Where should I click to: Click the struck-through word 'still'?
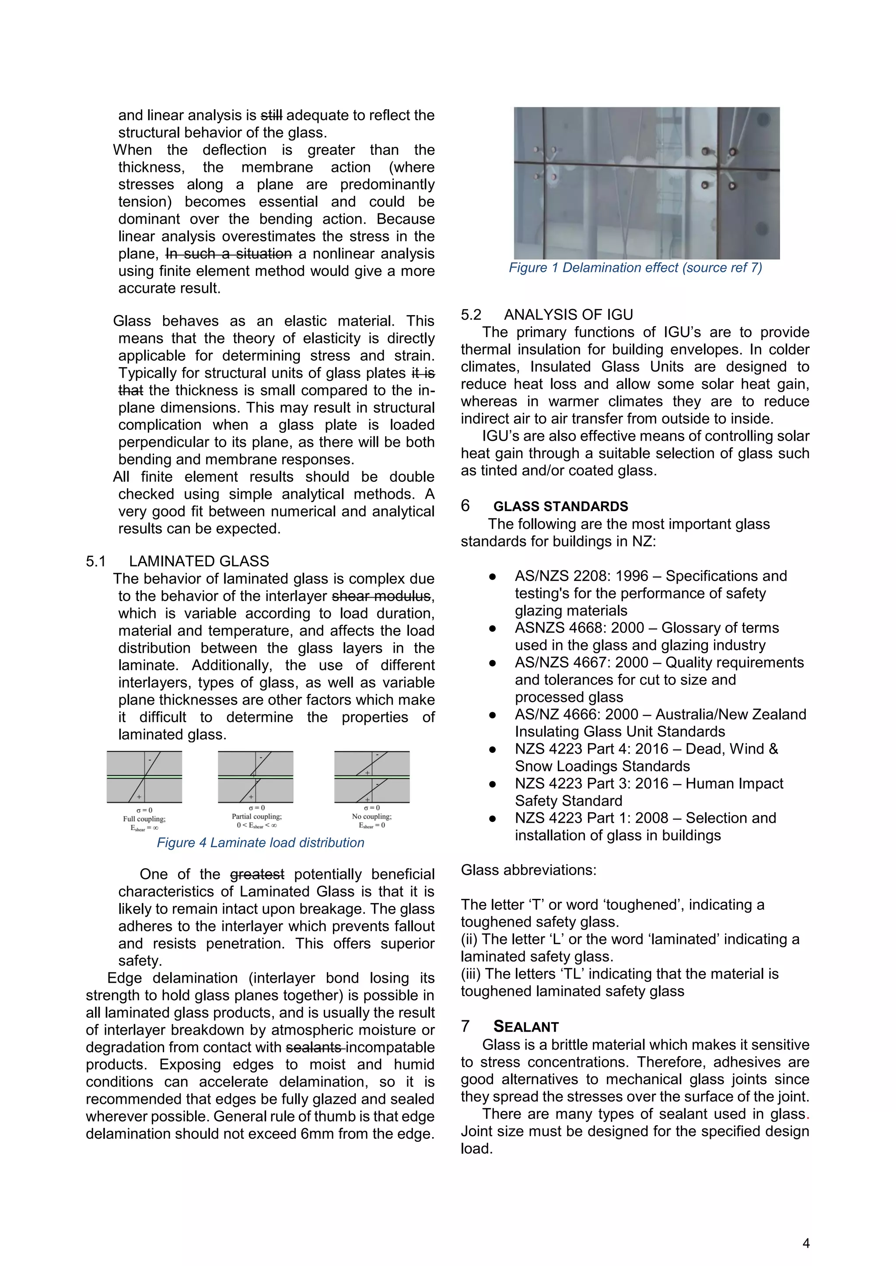[271, 115]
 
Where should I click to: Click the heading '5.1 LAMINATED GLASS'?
[177, 561]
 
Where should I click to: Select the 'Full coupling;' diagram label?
[144, 819]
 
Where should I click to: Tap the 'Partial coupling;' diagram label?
[256, 816]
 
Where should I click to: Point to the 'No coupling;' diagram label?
[372, 816]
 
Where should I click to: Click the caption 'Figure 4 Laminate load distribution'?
[260, 842]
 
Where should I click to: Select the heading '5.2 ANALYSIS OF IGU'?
[547, 315]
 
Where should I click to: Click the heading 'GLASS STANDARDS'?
[560, 506]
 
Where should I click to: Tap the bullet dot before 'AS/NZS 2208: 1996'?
[492, 577]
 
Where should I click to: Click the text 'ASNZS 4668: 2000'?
[579, 628]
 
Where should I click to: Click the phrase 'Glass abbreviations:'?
[528, 870]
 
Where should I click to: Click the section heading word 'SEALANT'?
[526, 1027]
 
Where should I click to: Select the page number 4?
[806, 1243]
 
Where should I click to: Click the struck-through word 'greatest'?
[257, 874]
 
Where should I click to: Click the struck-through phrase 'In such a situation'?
[229, 254]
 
